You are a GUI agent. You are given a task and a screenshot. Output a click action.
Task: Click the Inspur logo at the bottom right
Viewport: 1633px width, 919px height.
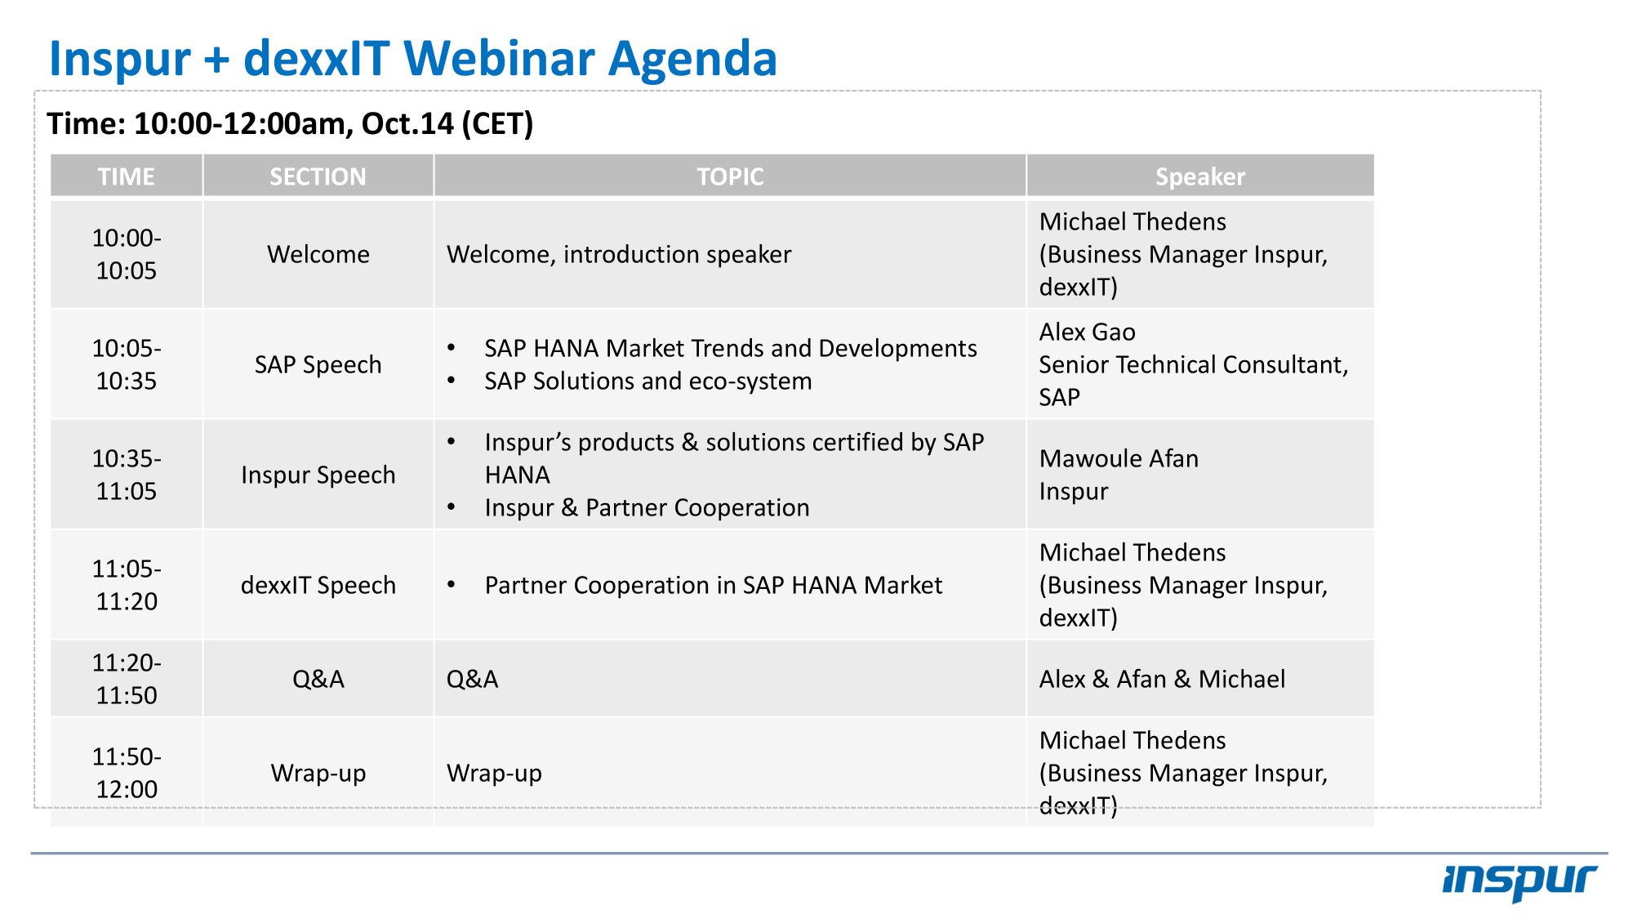pos(1520,881)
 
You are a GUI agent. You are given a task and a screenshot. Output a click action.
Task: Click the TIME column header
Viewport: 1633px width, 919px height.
pos(127,176)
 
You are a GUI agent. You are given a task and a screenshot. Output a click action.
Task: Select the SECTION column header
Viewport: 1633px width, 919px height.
pos(318,176)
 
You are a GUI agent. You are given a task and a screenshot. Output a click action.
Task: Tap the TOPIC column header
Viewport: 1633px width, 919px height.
pos(730,176)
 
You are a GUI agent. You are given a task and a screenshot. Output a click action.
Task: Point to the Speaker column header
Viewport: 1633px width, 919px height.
pos(1200,176)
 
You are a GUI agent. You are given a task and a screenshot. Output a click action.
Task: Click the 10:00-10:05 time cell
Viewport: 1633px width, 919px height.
pos(127,254)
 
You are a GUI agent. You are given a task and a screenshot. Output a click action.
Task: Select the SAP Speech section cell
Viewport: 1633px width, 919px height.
pos(318,364)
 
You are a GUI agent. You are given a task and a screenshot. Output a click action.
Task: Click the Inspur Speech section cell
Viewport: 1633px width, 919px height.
pos(318,475)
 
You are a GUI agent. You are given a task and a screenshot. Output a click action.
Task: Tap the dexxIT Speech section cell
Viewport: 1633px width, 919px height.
pos(318,585)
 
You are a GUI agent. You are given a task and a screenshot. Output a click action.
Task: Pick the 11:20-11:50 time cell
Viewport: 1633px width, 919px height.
pos(127,679)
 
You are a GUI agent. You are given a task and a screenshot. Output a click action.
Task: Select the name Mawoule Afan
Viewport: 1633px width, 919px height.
pos(1119,458)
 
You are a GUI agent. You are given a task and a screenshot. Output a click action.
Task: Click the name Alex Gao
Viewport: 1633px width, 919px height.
pos(1087,332)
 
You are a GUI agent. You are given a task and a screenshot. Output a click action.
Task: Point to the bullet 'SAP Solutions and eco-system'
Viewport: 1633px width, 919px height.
pos(647,381)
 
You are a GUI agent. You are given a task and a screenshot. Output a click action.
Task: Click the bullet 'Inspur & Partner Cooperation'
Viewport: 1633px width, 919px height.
pos(647,507)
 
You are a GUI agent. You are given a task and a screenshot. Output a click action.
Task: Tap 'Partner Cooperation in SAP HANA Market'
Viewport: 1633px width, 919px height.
pos(713,585)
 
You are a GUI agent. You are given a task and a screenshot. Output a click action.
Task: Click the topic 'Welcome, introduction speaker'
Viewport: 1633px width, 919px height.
pos(619,254)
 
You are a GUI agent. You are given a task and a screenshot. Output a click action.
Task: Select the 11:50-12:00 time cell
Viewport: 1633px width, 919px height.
pos(127,773)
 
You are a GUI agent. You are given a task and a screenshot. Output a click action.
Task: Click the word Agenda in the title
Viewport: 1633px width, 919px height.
pos(692,59)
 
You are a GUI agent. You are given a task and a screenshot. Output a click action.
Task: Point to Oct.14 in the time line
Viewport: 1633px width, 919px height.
pos(407,123)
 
